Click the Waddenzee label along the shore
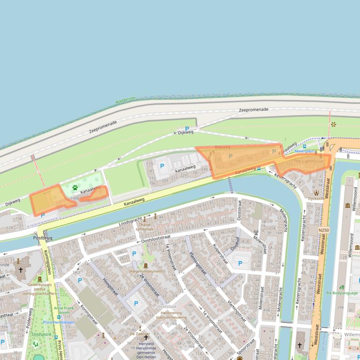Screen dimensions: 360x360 click(x=125, y=100)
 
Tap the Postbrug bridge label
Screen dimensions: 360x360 click(x=43, y=238)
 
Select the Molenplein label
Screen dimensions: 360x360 click(x=305, y=151)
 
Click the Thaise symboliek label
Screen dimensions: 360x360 click(x=144, y=227)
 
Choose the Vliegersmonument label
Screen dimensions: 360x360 click(x=146, y=271)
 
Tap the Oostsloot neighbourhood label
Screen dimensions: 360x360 click(x=166, y=306)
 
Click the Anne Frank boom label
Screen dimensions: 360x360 click(x=64, y=311)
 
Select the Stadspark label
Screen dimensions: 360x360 click(x=41, y=335)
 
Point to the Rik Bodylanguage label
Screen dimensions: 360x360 click(x=342, y=293)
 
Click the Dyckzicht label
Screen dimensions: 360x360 click(x=316, y=198)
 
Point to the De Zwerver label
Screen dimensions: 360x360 click(x=140, y=334)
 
